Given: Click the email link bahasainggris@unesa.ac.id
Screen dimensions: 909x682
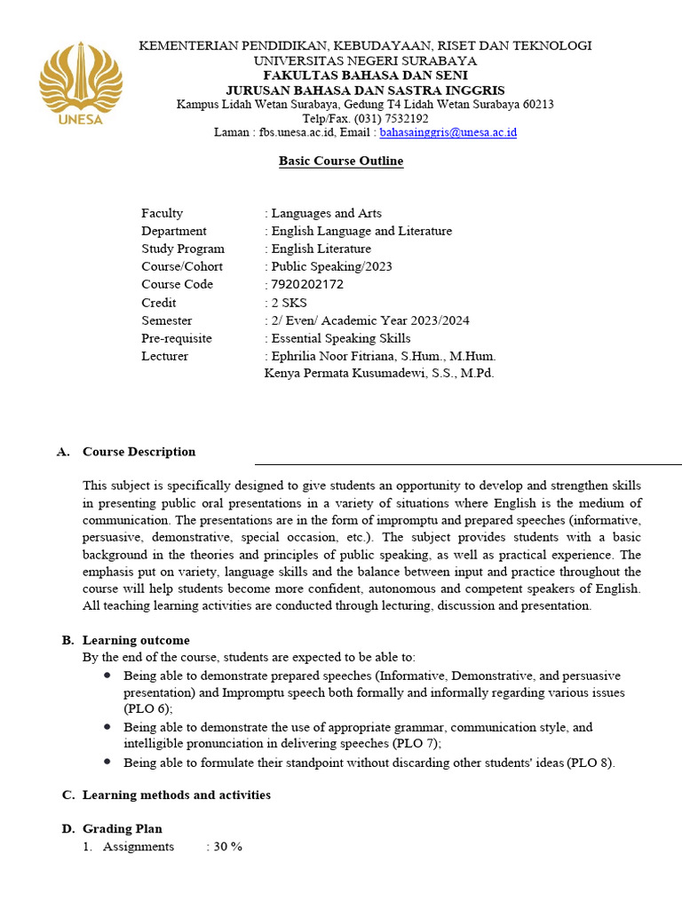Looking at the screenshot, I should tap(448, 132).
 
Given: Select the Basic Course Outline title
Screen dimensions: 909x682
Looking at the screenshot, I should tap(341, 161).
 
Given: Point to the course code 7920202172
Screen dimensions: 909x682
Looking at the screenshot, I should tap(307, 285).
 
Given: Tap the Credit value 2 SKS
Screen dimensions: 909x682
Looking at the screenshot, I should tap(292, 303).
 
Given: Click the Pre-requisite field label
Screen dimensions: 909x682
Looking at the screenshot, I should tap(177, 338).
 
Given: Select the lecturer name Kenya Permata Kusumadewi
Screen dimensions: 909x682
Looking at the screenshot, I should tap(379, 373).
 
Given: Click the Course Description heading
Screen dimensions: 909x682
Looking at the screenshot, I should tap(139, 452).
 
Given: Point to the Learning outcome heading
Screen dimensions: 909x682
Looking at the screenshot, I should tap(136, 640).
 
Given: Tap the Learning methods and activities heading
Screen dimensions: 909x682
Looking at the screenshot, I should tap(176, 794).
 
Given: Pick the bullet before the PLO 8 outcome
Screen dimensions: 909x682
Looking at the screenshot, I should tap(107, 762).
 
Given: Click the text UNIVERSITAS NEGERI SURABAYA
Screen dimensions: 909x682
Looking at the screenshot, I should tap(365, 60).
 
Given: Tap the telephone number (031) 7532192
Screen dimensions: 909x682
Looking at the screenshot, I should tap(391, 118).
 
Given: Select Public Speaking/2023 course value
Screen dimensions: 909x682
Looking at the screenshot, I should tap(331, 266).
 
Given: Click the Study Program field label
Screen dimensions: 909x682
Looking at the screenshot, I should tap(183, 249).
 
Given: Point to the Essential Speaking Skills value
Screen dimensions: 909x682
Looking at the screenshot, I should tap(341, 338).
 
